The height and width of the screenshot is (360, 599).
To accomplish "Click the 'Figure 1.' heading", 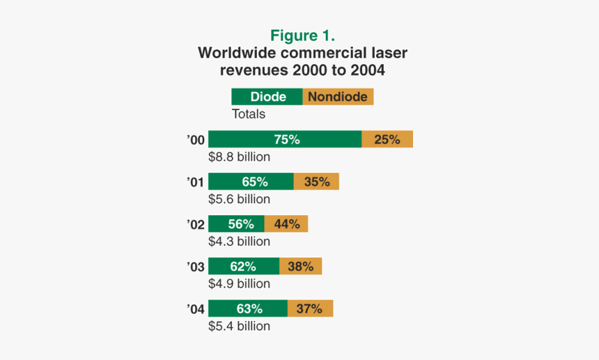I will click(303, 36).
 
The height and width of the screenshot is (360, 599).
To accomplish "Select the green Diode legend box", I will click(267, 97).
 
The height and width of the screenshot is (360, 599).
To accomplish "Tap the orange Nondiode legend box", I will click(338, 97).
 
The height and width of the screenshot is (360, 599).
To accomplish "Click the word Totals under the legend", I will click(248, 114).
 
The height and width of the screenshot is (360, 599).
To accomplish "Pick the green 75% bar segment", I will click(285, 139).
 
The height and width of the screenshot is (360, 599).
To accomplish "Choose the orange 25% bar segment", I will click(387, 139).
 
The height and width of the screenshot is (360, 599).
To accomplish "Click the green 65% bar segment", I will click(251, 182).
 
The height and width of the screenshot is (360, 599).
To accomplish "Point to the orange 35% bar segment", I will click(316, 182).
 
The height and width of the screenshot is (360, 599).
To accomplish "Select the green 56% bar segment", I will click(236, 224).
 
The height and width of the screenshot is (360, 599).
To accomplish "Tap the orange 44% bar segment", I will click(286, 224).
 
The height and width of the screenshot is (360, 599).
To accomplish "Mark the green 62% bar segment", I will click(244, 266).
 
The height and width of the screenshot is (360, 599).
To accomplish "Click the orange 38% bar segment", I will click(300, 266).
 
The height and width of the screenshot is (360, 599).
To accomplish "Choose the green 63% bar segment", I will click(248, 308).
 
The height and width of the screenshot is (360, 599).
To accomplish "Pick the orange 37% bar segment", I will click(310, 308).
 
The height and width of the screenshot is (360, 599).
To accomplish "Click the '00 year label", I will click(196, 140).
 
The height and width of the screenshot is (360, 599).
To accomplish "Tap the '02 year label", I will click(196, 224).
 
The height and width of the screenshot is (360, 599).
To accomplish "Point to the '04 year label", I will click(196, 308).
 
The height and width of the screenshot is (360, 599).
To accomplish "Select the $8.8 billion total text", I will click(239, 157).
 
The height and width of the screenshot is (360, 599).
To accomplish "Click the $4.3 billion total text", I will click(239, 242).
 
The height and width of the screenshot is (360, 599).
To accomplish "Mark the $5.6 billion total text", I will click(239, 199).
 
